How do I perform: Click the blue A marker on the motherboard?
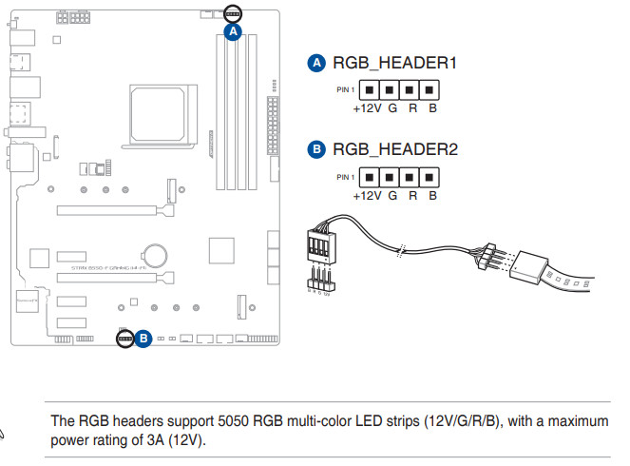234,30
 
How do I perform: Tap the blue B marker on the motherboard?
143,338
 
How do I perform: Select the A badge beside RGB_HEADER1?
318,63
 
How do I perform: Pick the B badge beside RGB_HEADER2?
318,149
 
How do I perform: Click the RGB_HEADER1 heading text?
394,63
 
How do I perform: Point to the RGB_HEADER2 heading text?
395,149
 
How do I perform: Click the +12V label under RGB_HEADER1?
366,108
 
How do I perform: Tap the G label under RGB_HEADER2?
391,195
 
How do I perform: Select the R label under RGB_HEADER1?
412,108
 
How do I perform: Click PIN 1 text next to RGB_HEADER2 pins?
345,177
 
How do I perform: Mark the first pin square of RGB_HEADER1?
367,90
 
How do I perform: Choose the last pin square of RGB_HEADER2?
430,177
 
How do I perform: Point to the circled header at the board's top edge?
233,13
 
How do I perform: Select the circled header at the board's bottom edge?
124,338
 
